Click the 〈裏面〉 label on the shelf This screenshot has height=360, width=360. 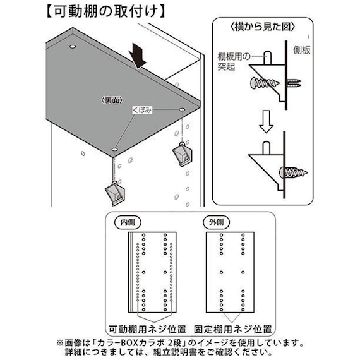(111, 100)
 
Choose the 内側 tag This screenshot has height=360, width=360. (123, 222)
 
